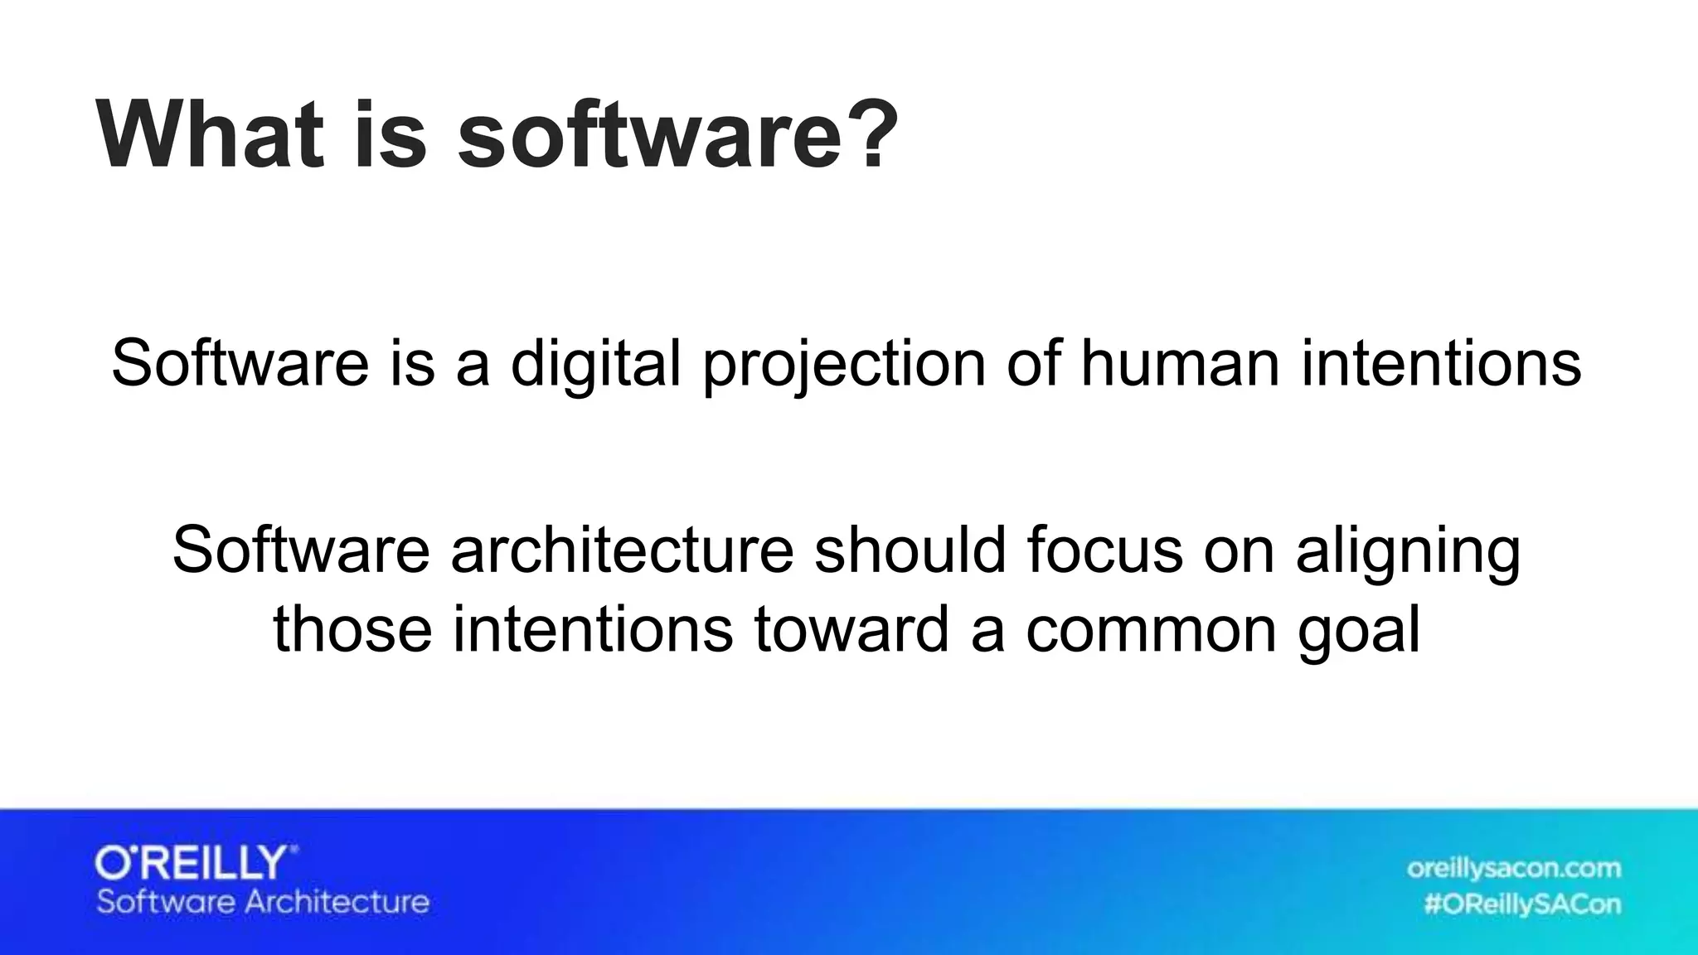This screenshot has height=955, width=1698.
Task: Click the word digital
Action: pos(595,364)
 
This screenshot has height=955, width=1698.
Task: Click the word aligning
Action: pos(1408,552)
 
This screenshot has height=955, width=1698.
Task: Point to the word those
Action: pos(352,629)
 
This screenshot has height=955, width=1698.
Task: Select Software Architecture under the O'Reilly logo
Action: pos(263,902)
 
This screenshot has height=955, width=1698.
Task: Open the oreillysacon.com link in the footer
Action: pos(1513,868)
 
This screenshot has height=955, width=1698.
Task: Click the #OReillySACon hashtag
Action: pos(1522,904)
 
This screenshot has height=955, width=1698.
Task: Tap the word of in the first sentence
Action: pos(1033,364)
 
